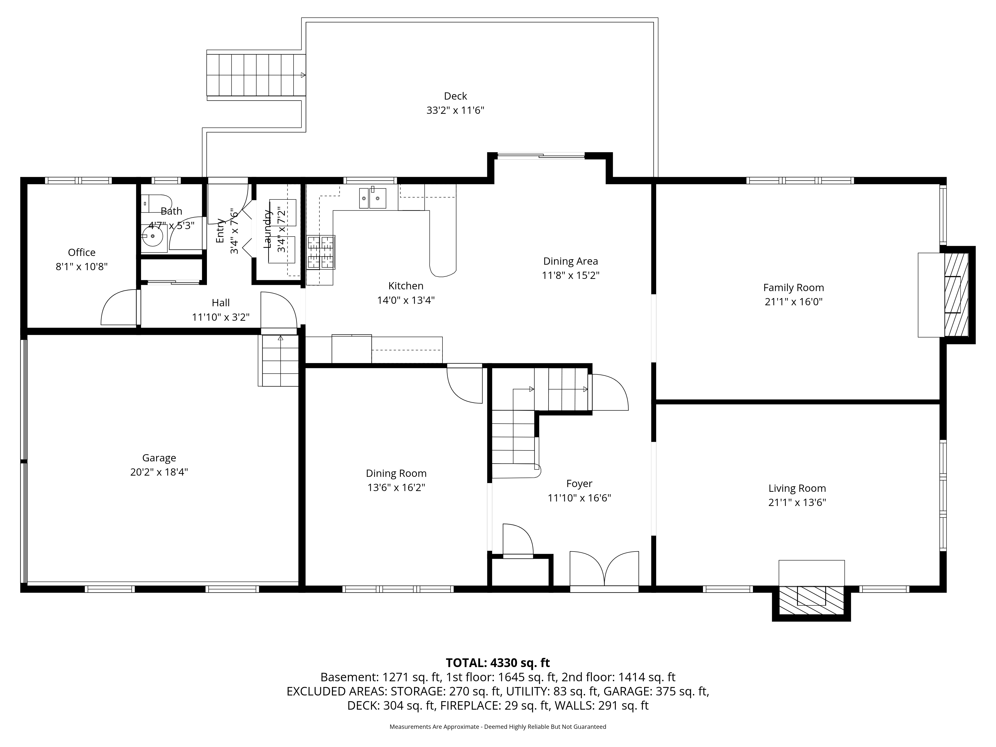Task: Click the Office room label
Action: (x=81, y=252)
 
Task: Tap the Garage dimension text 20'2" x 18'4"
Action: (x=159, y=472)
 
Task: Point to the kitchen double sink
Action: (x=372, y=198)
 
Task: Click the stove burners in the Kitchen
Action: (x=321, y=252)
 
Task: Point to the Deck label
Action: (x=455, y=96)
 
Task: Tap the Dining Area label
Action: (x=570, y=261)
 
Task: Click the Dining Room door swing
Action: (x=464, y=385)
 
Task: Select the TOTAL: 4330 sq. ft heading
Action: (x=498, y=663)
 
